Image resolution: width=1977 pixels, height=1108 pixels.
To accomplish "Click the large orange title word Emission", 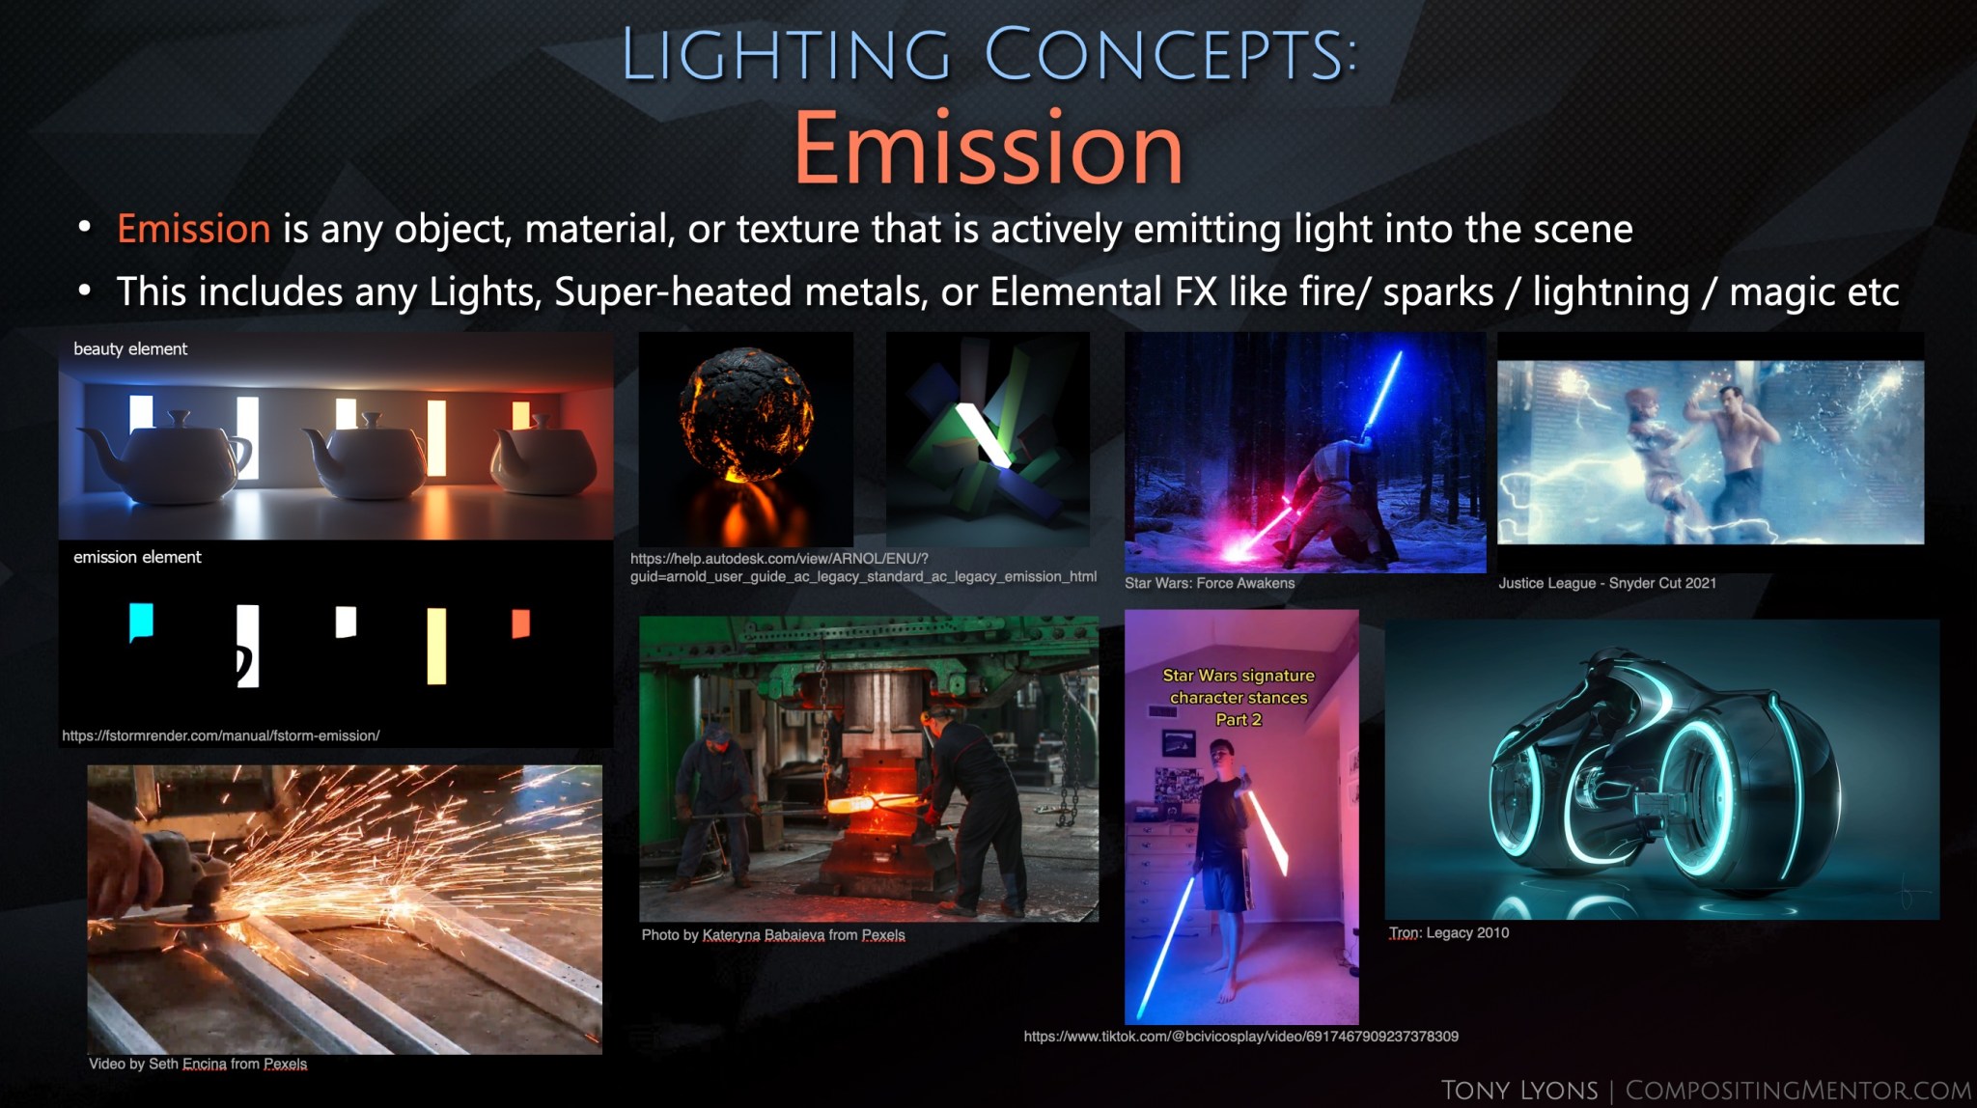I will (988, 149).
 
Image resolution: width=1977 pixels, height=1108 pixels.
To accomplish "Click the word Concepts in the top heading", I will (1170, 54).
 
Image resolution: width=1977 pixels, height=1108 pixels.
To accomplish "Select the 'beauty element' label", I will (130, 348).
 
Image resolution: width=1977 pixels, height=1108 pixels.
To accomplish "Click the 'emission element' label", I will (137, 557).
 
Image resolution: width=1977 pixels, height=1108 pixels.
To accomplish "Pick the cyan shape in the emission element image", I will (141, 621).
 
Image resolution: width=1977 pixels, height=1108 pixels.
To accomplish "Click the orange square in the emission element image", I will (520, 623).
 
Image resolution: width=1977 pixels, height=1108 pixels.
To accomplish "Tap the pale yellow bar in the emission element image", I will (436, 645).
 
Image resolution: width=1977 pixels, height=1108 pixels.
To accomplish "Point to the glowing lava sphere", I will (745, 415).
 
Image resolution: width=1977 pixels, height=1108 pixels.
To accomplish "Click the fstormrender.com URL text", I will (221, 735).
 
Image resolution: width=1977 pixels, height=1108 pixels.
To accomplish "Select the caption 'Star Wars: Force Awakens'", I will (1209, 583).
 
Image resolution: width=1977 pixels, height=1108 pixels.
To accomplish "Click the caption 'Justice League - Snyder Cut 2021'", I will (1606, 583).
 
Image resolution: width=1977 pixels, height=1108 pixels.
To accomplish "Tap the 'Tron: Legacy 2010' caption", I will (1448, 932).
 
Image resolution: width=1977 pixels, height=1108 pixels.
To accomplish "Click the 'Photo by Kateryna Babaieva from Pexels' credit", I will (772, 934).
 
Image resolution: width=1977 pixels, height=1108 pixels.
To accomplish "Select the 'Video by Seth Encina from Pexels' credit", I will (198, 1064).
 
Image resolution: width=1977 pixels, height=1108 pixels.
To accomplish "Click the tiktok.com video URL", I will (1240, 1037).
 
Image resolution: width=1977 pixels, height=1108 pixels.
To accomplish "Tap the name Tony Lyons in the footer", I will (1518, 1090).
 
